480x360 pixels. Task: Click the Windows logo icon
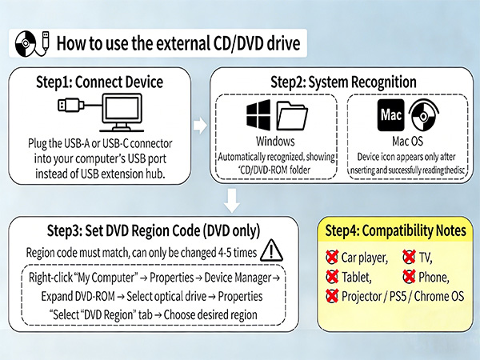258,115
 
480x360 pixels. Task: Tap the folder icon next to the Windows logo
292,115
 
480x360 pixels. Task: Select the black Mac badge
390,115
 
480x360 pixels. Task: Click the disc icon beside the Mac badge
424,115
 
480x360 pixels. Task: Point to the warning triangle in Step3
271,250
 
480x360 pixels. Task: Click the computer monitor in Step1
122,112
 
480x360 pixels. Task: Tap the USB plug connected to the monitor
70,105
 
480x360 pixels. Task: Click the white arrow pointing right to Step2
200,126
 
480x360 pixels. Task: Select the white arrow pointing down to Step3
232,201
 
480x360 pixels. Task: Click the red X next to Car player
332,257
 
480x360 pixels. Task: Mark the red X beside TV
409,257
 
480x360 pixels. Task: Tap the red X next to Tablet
332,277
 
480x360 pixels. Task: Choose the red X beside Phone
409,276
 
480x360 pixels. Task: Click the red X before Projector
332,296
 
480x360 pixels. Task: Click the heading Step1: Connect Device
99,82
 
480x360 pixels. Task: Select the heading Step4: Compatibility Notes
395,230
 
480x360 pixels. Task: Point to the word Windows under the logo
275,141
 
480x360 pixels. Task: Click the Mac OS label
407,141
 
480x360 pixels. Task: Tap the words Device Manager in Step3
238,278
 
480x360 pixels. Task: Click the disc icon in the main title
26,43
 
